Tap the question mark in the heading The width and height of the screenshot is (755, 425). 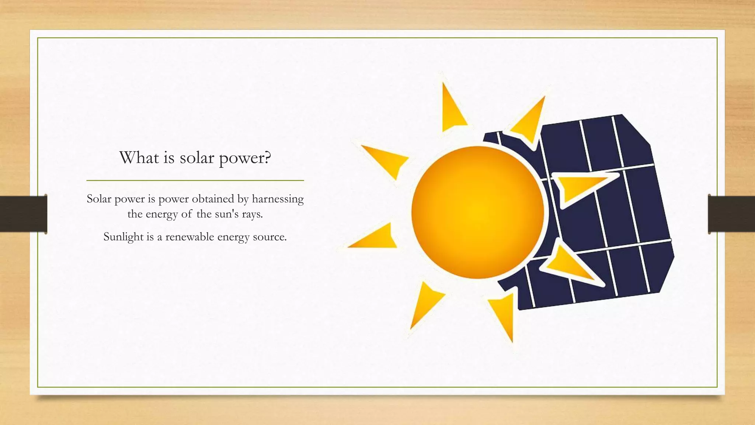(268, 158)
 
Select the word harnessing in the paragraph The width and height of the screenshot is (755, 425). (278, 199)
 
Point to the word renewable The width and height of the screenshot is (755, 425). (189, 236)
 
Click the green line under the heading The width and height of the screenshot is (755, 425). (195, 180)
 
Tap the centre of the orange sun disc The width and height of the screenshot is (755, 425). (477, 212)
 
